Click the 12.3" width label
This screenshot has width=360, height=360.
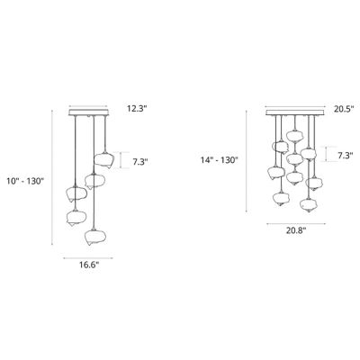pyautogui.click(x=136, y=108)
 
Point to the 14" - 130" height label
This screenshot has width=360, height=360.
pyautogui.click(x=220, y=160)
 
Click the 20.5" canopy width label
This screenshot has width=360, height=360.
pyautogui.click(x=337, y=108)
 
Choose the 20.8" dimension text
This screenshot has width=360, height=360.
pyautogui.click(x=294, y=231)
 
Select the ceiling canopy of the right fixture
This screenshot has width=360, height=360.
pyautogui.click(x=293, y=113)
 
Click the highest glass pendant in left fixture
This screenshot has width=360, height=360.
pyautogui.click(x=105, y=160)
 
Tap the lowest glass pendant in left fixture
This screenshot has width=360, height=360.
pyautogui.click(x=92, y=237)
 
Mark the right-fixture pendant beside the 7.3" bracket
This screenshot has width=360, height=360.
pyautogui.click(x=309, y=155)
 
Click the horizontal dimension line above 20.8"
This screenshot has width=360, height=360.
pyautogui.click(x=293, y=220)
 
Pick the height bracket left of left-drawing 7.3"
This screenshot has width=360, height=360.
pyautogui.click(x=122, y=161)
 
